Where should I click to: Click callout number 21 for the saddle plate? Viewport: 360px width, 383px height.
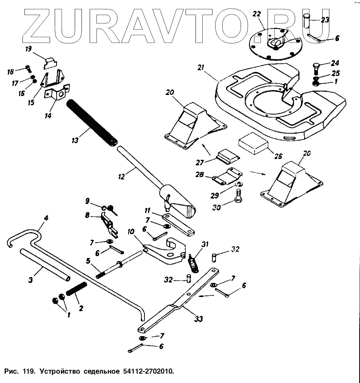coord(201,68)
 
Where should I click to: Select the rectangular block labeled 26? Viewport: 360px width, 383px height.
coord(253,143)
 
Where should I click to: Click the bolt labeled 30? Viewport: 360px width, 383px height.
coord(238,196)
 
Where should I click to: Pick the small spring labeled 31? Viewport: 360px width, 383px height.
coord(192,262)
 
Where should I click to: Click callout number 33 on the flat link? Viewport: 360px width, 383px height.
coord(199,319)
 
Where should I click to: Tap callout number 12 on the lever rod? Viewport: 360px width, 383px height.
coord(121,177)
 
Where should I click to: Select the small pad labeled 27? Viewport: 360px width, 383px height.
coord(227,157)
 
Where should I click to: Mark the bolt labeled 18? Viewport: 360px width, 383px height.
coord(28,70)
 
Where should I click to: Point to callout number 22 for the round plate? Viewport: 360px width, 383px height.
coord(257,14)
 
